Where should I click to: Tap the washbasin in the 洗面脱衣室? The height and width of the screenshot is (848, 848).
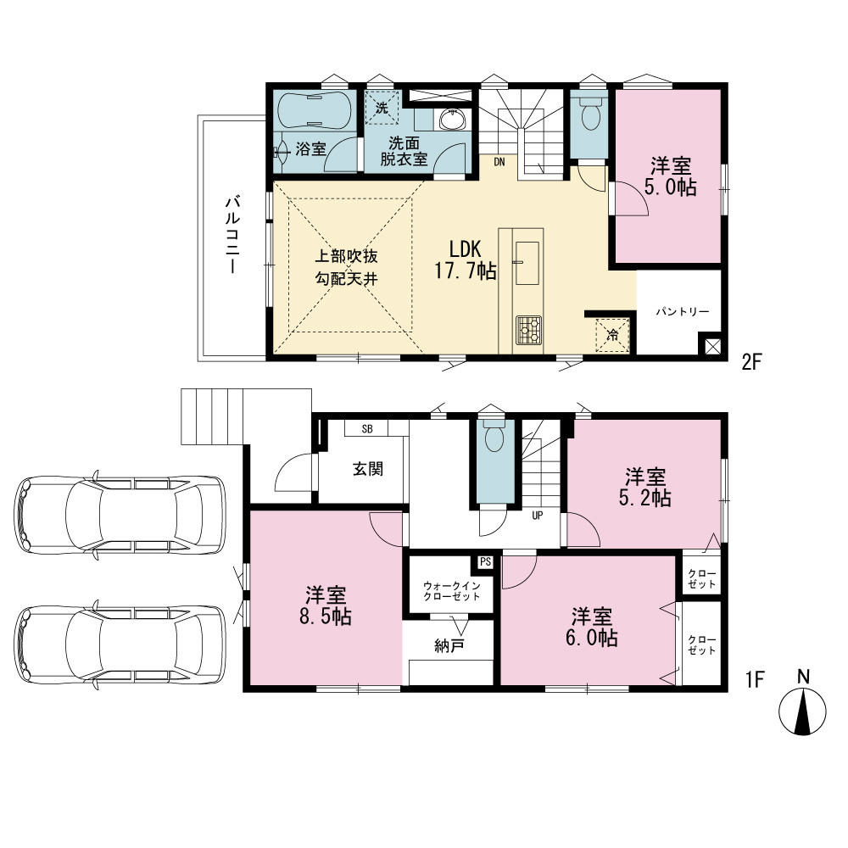pyautogui.click(x=452, y=120)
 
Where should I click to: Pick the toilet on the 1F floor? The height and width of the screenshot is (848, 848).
pyautogui.click(x=494, y=435)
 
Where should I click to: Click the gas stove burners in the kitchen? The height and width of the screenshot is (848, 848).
pyautogui.click(x=529, y=329)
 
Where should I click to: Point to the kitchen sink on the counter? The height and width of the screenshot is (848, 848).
pyautogui.click(x=527, y=263)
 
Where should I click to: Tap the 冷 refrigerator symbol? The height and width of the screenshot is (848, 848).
pyautogui.click(x=612, y=335)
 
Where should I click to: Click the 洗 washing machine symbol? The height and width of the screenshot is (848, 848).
pyautogui.click(x=382, y=108)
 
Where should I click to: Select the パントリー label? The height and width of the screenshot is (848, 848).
pyautogui.click(x=682, y=312)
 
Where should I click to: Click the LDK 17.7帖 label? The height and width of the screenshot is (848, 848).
pyautogui.click(x=466, y=260)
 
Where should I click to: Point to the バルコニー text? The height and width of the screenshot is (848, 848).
pyautogui.click(x=232, y=235)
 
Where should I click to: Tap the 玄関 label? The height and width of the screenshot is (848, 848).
pyautogui.click(x=368, y=469)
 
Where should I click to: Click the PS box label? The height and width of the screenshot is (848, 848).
pyautogui.click(x=485, y=562)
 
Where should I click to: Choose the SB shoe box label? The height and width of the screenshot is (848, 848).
pyautogui.click(x=367, y=429)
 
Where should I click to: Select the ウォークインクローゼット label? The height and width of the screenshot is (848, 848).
pyautogui.click(x=451, y=591)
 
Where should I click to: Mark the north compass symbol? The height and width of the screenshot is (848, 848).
pyautogui.click(x=802, y=710)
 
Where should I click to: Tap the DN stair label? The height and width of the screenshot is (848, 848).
pyautogui.click(x=499, y=162)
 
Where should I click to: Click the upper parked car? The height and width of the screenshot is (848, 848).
pyautogui.click(x=120, y=514)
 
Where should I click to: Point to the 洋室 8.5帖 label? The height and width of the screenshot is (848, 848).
pyautogui.click(x=326, y=606)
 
